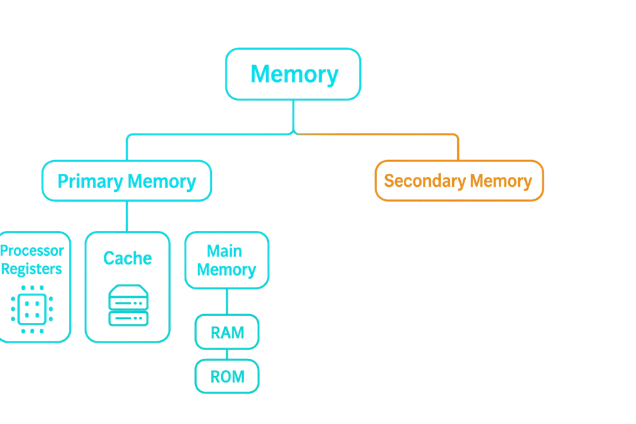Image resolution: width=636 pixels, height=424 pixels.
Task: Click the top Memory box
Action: (293, 74)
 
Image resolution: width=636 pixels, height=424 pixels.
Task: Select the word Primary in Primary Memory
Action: (89, 181)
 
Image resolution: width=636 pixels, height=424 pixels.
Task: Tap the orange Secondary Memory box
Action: (459, 181)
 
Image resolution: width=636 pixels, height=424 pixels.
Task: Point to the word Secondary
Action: (425, 181)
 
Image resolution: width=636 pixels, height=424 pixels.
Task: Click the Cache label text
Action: (127, 258)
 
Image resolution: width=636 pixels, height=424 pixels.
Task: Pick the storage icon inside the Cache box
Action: (127, 305)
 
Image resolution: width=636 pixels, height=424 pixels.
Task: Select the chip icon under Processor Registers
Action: (32, 309)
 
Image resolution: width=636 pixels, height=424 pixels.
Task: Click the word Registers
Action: (32, 269)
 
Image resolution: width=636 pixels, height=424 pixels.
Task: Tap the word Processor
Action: (32, 251)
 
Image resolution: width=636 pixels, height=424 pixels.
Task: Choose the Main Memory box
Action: (226, 261)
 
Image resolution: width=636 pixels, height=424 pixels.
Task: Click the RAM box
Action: (227, 333)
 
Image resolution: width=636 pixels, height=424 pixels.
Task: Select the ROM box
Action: (227, 376)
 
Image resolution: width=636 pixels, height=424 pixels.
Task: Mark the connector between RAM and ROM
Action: (227, 354)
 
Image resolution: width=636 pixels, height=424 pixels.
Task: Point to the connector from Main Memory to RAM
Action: (227, 302)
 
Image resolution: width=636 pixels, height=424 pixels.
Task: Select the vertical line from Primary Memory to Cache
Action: (127, 216)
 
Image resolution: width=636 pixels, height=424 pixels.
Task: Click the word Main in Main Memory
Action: (224, 251)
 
